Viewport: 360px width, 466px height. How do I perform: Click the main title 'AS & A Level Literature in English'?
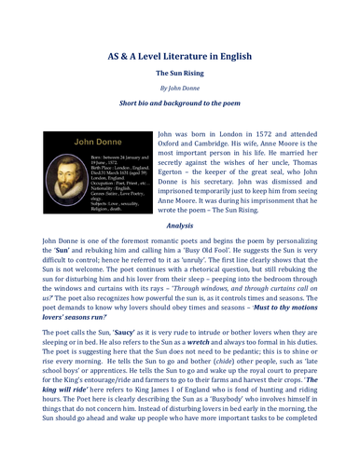180,55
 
